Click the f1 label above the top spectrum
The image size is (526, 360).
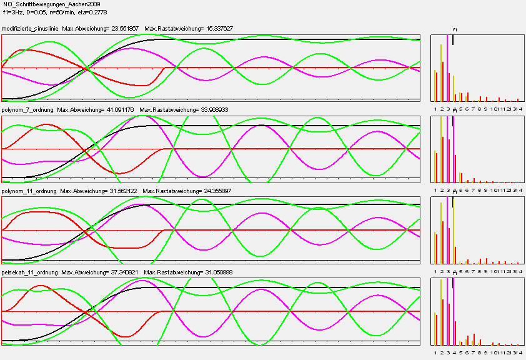(x=455, y=29)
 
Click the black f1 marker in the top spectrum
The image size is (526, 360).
(x=453, y=39)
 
